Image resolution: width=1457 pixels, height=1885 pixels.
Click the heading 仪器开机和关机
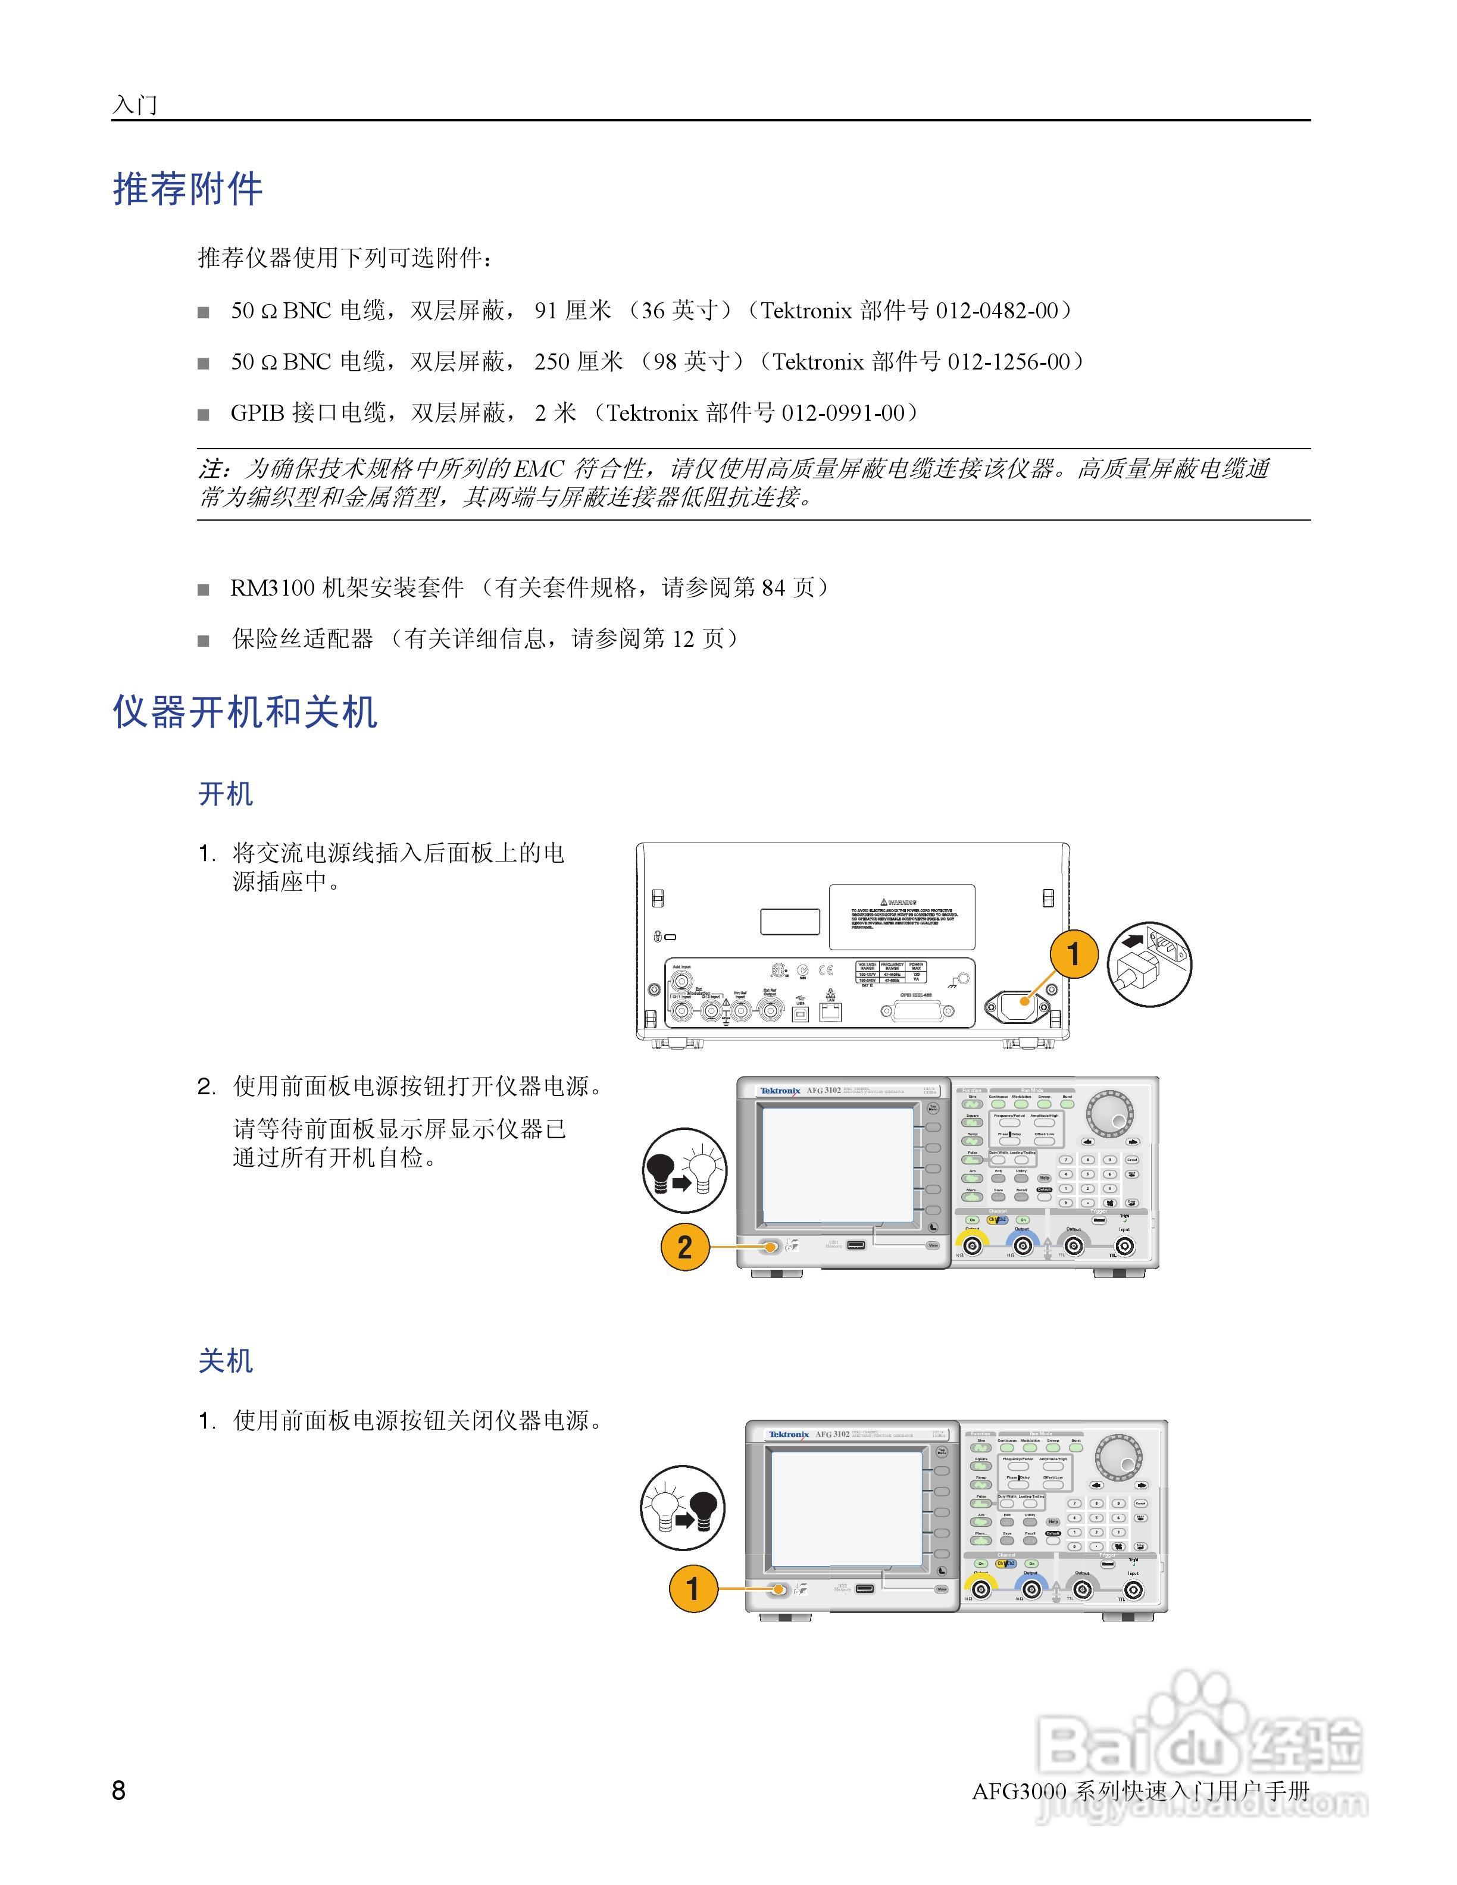coord(245,712)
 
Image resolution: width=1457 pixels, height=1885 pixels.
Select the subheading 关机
coord(226,1361)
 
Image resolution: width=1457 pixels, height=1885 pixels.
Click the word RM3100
coord(272,588)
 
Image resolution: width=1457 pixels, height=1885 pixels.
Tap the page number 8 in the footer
coord(119,1790)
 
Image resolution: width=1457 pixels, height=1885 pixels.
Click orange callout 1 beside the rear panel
coord(1073,954)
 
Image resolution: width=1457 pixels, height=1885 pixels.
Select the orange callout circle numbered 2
coord(684,1247)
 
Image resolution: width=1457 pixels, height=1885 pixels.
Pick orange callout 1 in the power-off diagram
coord(692,1588)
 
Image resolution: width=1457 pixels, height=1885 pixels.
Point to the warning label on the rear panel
coord(901,916)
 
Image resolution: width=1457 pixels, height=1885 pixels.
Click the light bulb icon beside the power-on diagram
coord(685,1170)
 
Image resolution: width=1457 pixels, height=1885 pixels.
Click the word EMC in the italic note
coord(539,469)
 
